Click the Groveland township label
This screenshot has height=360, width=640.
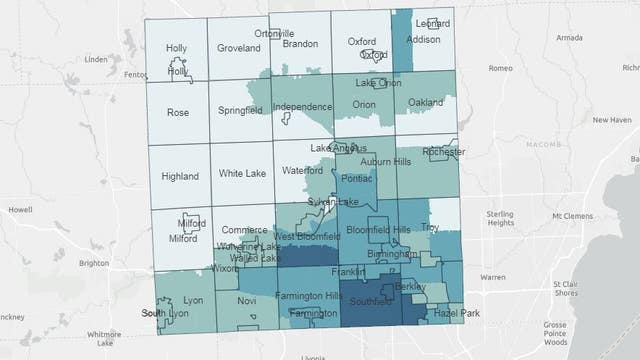tap(238, 46)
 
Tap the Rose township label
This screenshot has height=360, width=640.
tap(178, 112)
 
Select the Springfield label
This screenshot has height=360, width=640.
tap(241, 112)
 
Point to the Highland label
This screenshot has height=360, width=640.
tap(180, 176)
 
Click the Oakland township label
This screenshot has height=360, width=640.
tap(425, 103)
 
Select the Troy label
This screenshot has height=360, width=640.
tap(430, 228)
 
